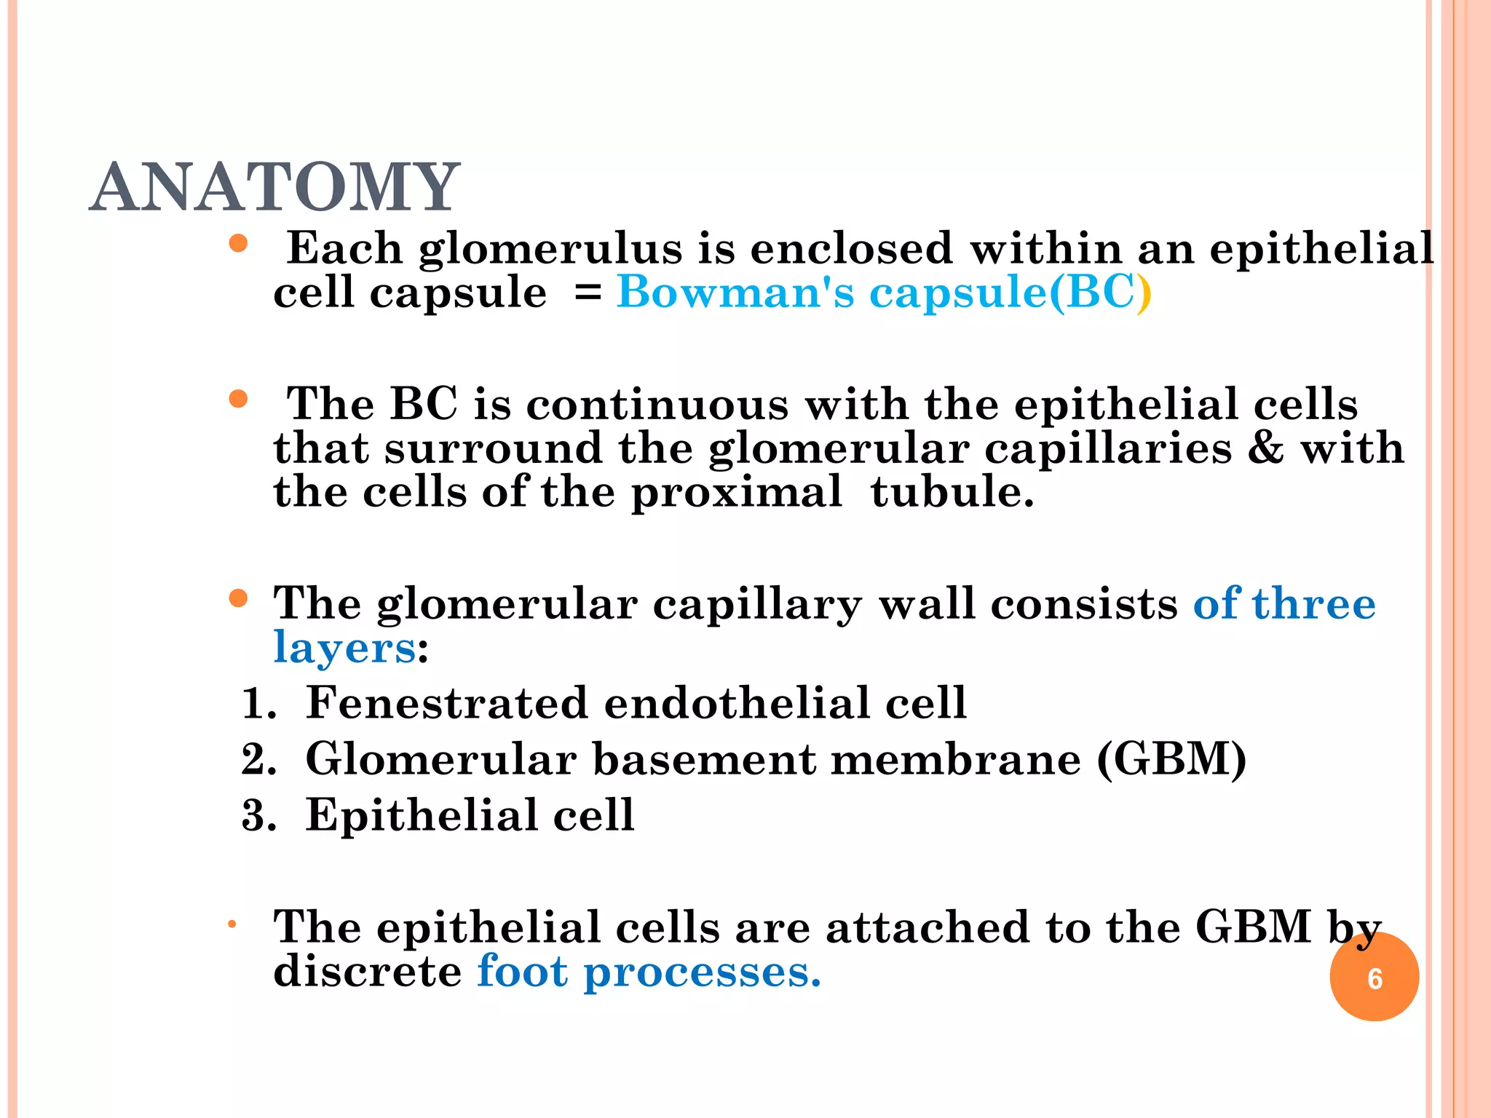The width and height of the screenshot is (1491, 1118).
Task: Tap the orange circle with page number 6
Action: (x=1374, y=978)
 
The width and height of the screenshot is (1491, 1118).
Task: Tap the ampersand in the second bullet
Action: (x=1266, y=448)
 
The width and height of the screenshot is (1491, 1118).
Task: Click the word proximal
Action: (x=736, y=493)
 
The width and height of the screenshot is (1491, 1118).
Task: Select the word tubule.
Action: (x=952, y=492)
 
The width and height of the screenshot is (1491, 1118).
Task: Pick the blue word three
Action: (x=1313, y=604)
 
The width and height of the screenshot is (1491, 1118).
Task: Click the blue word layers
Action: (x=344, y=649)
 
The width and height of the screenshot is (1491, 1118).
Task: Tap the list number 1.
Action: (x=258, y=704)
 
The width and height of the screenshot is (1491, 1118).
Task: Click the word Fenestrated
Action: (x=446, y=703)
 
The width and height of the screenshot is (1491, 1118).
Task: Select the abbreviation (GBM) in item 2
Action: (x=1171, y=760)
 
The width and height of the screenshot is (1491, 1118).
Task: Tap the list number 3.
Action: (x=258, y=815)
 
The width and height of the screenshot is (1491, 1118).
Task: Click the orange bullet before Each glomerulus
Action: (x=238, y=243)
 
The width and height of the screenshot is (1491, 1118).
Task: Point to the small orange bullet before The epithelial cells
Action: (x=232, y=925)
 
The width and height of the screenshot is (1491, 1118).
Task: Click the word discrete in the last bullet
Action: (x=367, y=972)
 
